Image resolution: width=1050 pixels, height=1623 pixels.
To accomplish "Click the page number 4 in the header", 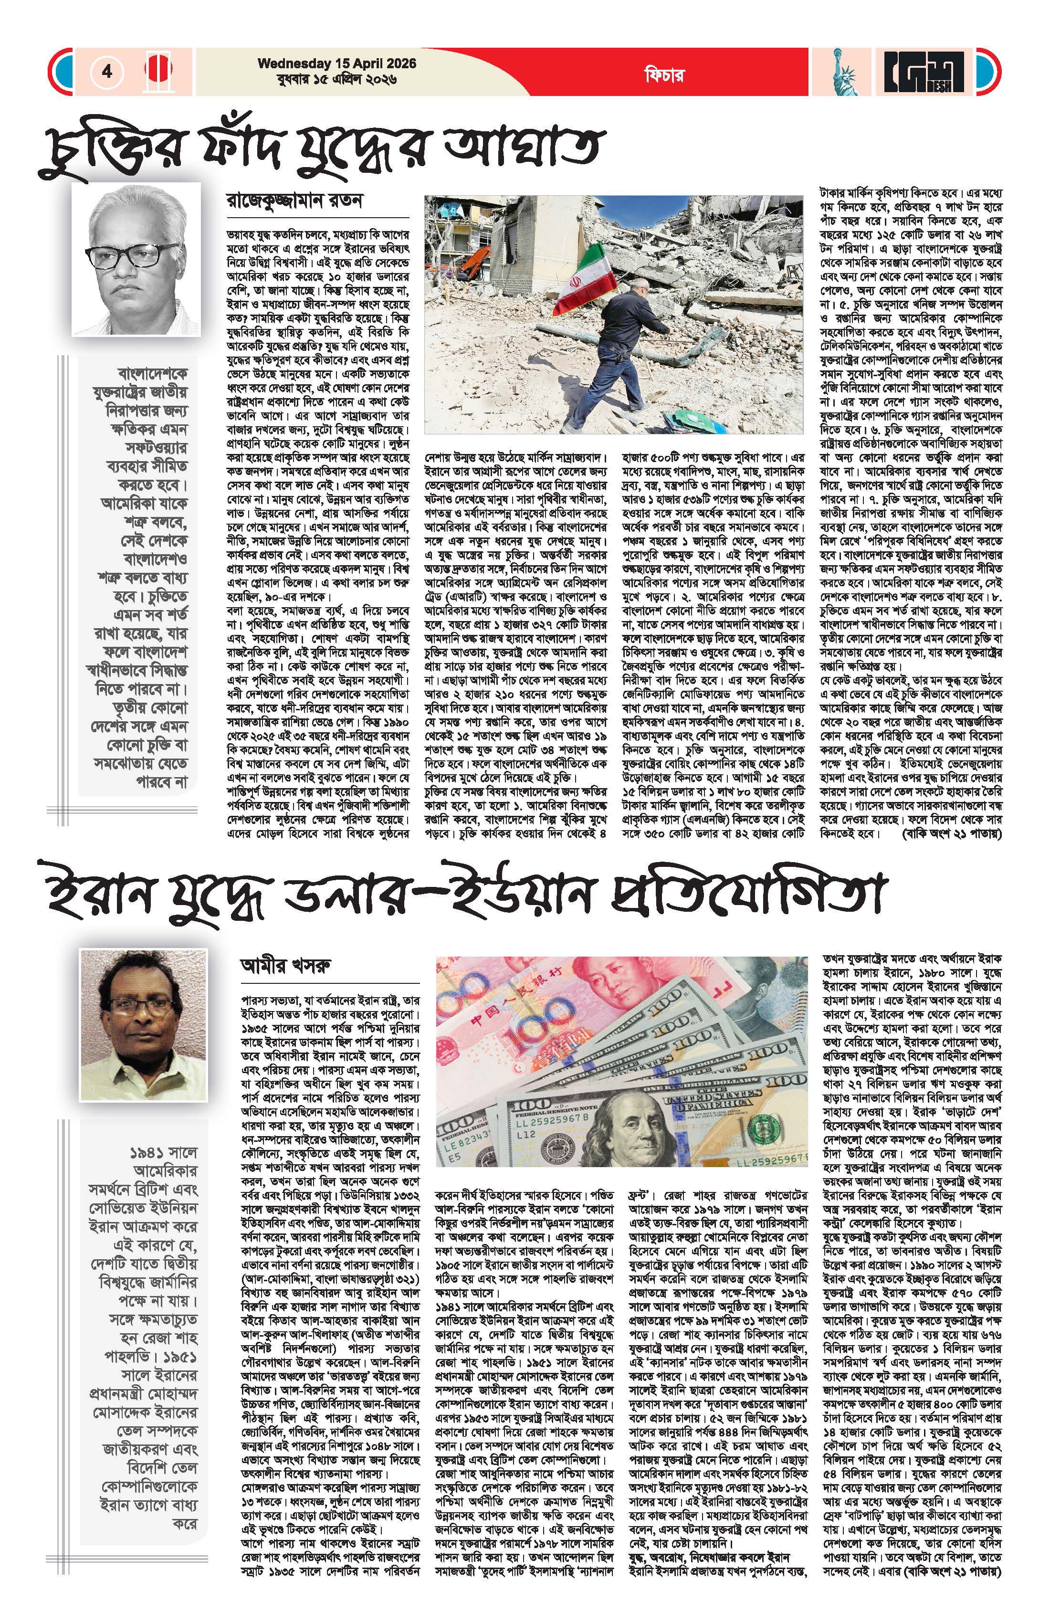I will click(107, 72).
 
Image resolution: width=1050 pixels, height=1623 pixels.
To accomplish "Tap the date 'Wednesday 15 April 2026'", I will click(337, 63).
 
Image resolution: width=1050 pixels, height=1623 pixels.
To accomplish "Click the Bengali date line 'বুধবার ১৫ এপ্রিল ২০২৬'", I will click(337, 79).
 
